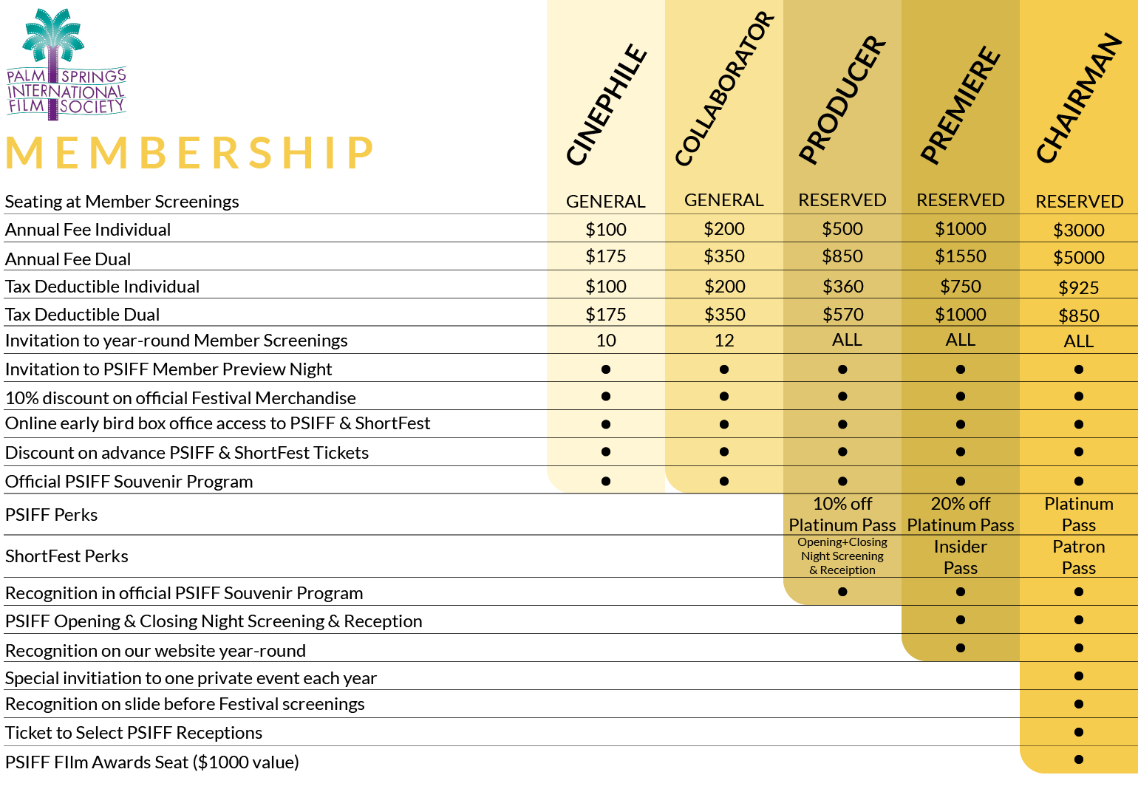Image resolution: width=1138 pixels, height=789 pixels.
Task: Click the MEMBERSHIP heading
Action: click(x=190, y=152)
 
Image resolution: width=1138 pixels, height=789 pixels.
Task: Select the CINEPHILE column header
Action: click(x=606, y=105)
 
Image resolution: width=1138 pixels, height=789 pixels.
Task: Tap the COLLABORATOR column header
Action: click(x=724, y=89)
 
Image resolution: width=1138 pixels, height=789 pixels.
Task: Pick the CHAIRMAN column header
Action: click(x=1079, y=98)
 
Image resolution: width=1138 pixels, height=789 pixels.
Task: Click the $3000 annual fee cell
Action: click(x=1079, y=230)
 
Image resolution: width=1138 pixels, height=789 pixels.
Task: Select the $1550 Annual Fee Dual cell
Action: click(x=960, y=256)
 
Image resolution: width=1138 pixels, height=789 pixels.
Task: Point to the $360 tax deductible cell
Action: click(x=843, y=287)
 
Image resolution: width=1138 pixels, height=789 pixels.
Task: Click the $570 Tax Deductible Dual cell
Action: click(x=843, y=315)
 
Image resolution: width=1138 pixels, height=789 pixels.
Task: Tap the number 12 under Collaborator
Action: click(x=724, y=341)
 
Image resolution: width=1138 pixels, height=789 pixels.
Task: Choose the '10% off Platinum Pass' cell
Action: click(x=842, y=514)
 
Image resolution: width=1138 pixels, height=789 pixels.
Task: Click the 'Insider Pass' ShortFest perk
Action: click(x=960, y=557)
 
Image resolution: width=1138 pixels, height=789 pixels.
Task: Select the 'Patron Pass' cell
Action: click(x=1079, y=557)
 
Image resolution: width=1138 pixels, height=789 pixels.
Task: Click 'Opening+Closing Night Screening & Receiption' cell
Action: click(x=842, y=556)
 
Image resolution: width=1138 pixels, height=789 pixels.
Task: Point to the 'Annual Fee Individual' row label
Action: click(x=88, y=230)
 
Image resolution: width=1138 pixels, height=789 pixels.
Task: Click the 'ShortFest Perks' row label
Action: click(x=67, y=556)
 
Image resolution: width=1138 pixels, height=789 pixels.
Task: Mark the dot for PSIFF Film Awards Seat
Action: click(x=1079, y=759)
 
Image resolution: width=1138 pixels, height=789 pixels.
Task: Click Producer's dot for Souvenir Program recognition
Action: click(x=842, y=591)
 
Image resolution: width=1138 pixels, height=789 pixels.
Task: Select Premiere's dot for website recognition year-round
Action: click(x=960, y=648)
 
